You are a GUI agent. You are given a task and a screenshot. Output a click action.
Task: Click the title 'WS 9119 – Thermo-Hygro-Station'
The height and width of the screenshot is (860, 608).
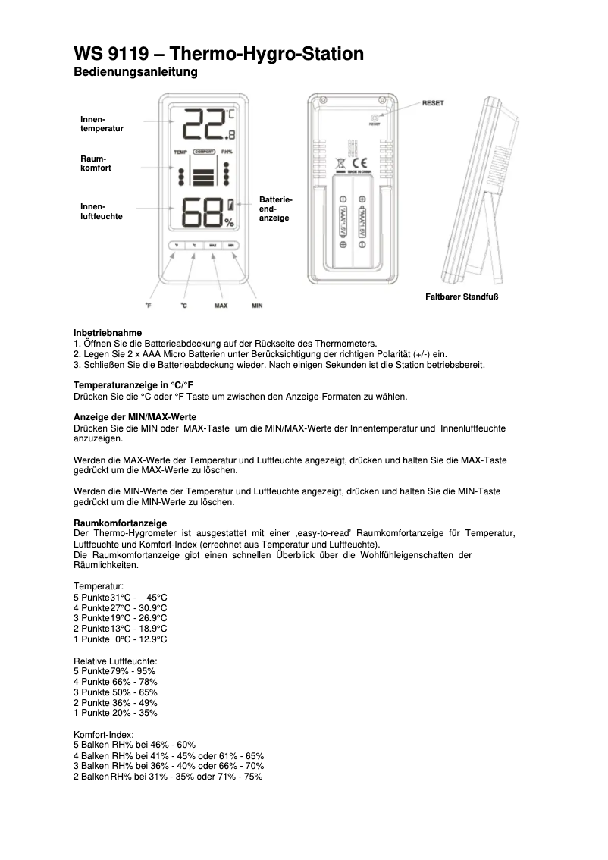pos(218,54)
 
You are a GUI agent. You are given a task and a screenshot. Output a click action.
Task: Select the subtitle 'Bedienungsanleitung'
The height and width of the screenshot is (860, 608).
pos(135,73)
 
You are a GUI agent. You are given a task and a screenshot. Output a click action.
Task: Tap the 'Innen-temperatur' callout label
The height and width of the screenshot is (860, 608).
pos(102,124)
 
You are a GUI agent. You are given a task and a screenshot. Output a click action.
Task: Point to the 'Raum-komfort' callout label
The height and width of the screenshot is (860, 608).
pos(96,162)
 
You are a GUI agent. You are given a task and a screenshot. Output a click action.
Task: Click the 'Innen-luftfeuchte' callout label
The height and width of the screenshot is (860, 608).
pos(101,211)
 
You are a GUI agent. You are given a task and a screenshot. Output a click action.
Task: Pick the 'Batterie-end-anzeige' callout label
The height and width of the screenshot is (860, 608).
pos(275,208)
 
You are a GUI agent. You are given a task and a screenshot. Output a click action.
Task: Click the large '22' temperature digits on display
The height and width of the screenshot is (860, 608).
pos(203,124)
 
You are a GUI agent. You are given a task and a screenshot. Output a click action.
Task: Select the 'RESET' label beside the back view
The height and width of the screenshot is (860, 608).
pos(433,103)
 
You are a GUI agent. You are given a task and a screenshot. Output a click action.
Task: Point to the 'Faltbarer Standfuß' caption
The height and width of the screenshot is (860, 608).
pos(461,296)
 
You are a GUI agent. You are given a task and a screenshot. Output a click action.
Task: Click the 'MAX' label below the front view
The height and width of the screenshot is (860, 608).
pos(221,306)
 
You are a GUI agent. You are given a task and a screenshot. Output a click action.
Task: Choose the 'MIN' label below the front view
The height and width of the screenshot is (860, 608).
pos(257,306)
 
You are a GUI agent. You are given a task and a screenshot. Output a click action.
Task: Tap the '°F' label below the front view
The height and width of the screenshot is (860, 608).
pos(149,306)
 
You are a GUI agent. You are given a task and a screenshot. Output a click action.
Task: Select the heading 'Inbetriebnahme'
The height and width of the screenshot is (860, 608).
pos(107,333)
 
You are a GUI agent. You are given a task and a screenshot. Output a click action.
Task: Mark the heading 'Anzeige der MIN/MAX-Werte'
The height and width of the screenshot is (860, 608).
pos(134,418)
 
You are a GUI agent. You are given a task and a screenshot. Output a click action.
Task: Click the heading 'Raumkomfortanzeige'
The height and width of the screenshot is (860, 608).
pos(120,523)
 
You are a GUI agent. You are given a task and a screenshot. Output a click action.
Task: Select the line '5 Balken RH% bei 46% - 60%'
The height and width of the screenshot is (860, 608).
pos(134,745)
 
